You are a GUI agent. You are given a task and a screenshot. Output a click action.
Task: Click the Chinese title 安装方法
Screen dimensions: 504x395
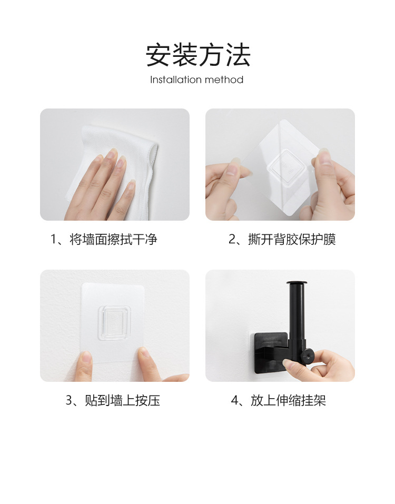197,55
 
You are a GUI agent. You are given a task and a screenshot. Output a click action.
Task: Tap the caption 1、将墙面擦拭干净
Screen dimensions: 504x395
104,240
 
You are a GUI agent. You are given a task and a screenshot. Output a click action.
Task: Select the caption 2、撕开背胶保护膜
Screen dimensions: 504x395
282,240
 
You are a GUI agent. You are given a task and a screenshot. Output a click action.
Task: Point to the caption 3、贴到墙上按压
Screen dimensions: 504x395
112,401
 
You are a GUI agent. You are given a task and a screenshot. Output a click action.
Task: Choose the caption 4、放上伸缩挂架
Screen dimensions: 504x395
279,401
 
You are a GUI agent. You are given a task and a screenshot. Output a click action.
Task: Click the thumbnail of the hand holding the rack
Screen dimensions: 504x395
288,363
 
